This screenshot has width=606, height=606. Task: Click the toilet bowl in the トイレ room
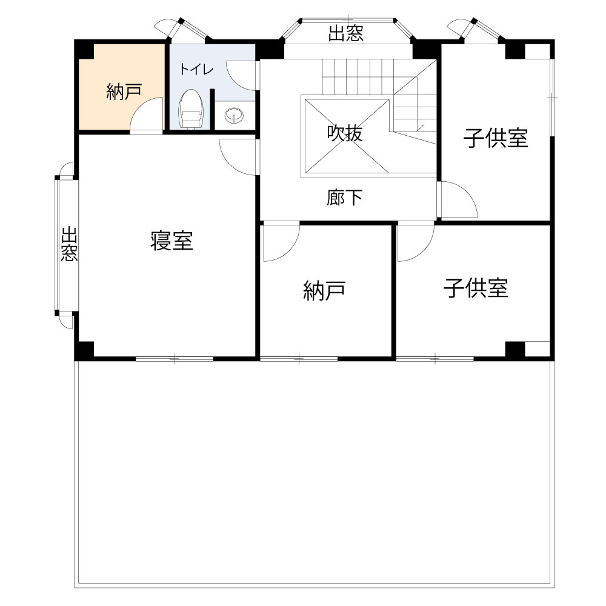tap(190, 110)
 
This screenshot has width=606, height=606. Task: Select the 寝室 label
tap(172, 241)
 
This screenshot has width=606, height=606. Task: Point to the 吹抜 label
tap(345, 133)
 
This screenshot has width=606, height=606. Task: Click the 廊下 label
tap(345, 198)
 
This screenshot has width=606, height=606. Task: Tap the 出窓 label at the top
tap(346, 34)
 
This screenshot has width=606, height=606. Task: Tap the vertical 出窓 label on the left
tap(69, 244)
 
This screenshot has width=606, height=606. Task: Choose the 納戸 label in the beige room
tap(124, 92)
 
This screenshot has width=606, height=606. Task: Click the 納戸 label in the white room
tap(324, 291)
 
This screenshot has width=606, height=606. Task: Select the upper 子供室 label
tap(496, 139)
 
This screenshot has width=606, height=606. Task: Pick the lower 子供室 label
tap(476, 288)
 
